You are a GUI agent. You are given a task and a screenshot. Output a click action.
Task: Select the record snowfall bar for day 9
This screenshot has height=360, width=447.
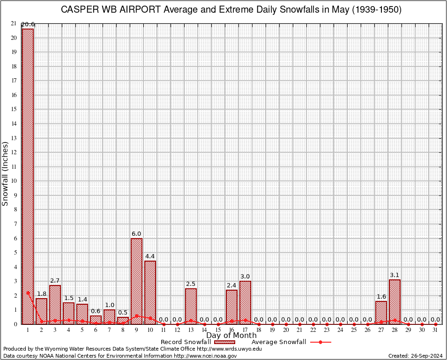click(136, 281)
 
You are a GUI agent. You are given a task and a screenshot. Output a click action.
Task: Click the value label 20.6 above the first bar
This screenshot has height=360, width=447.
click(28, 24)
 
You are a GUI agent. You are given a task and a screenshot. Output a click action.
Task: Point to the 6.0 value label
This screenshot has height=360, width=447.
click(136, 233)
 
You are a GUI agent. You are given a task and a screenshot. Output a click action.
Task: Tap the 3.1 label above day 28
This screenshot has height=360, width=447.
click(395, 275)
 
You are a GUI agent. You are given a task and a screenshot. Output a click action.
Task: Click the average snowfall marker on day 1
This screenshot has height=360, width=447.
click(28, 292)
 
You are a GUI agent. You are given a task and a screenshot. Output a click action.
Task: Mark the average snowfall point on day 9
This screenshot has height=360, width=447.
click(136, 315)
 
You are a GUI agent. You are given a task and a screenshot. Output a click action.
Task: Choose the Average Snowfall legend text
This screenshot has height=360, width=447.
click(279, 342)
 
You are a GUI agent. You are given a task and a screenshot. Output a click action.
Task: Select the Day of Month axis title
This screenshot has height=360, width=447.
click(231, 336)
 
